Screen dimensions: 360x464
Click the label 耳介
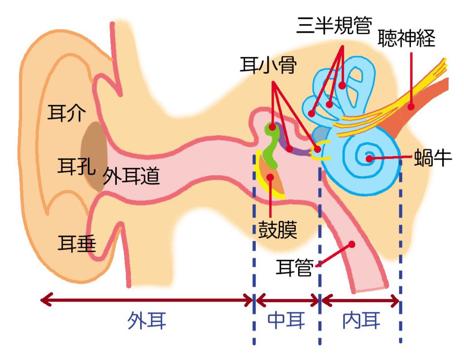66,114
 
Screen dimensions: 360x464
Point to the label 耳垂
77,243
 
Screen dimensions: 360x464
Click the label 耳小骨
268,67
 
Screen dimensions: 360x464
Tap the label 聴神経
406,39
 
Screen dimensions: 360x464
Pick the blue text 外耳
146,321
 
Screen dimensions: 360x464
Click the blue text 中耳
286,321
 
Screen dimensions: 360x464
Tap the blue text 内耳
361,321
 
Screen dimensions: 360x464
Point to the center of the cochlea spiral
369,158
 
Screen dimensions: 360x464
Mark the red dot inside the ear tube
351,244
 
